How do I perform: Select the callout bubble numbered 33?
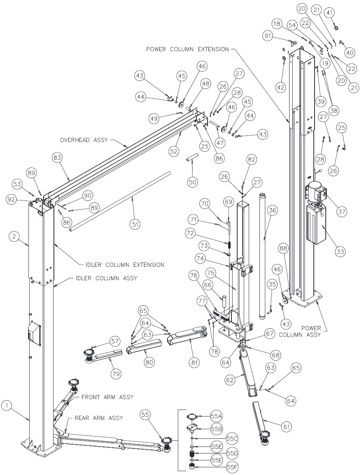click(340, 252)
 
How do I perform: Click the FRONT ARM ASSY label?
click(107, 397)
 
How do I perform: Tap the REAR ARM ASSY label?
click(98, 418)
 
